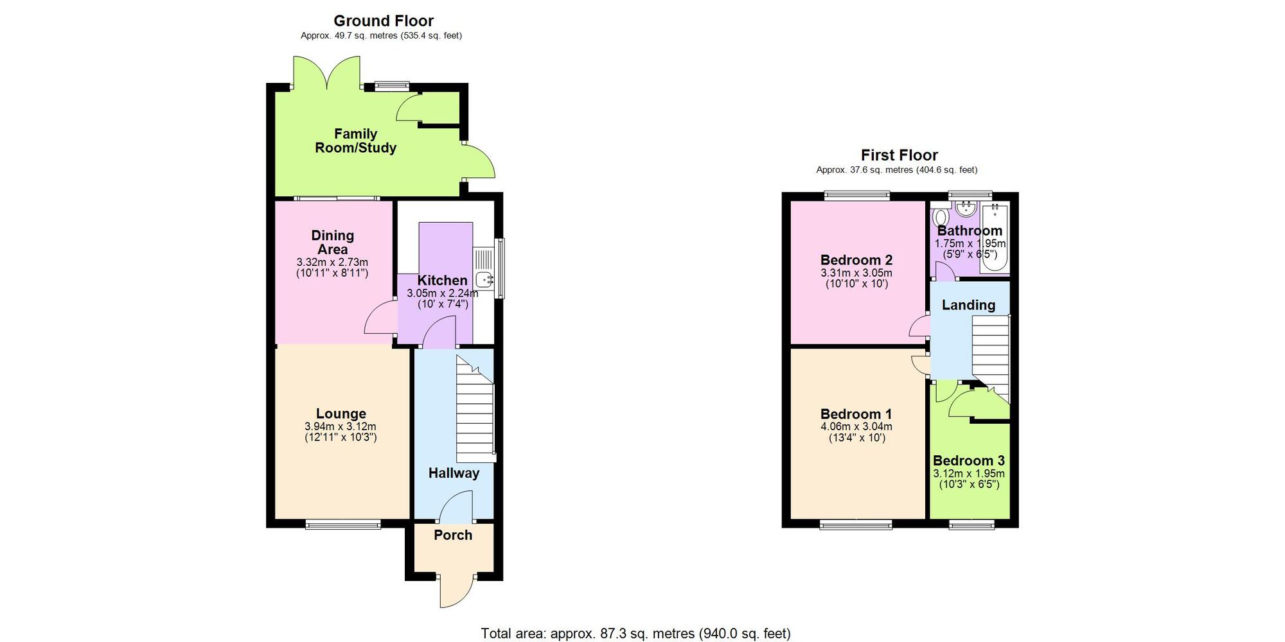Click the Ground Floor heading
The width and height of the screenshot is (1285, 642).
pos(384,21)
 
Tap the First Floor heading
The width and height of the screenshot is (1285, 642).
pos(899,155)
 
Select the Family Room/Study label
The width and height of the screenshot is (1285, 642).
pos(355,141)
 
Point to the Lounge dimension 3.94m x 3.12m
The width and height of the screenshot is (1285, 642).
pos(341,426)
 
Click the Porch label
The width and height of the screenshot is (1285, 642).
pos(453,535)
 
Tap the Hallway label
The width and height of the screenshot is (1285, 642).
pos(454,473)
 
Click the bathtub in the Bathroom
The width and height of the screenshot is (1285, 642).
pos(995,238)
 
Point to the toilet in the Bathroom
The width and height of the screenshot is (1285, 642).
pos(941,217)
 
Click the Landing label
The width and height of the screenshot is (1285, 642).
pos(968,305)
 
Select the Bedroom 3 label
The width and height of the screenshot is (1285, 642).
pos(968,460)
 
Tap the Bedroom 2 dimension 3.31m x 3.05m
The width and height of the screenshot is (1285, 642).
pos(856,273)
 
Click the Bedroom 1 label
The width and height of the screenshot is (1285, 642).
pos(856,413)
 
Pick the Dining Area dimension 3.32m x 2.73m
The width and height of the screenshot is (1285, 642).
pos(332,263)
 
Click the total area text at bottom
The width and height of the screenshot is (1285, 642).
pos(635,634)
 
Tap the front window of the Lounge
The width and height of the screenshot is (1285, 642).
pos(343,525)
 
